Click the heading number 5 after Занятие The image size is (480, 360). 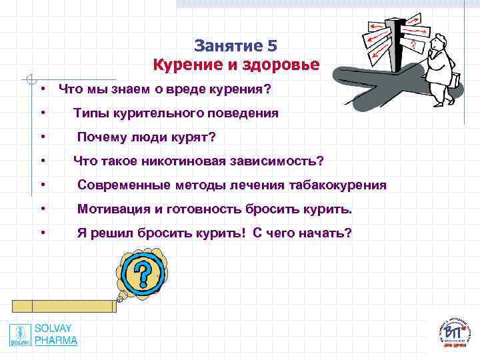coord(271,46)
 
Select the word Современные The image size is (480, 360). coord(125,185)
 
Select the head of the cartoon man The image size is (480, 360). coord(439,48)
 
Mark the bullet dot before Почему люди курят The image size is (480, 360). coord(42,137)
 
